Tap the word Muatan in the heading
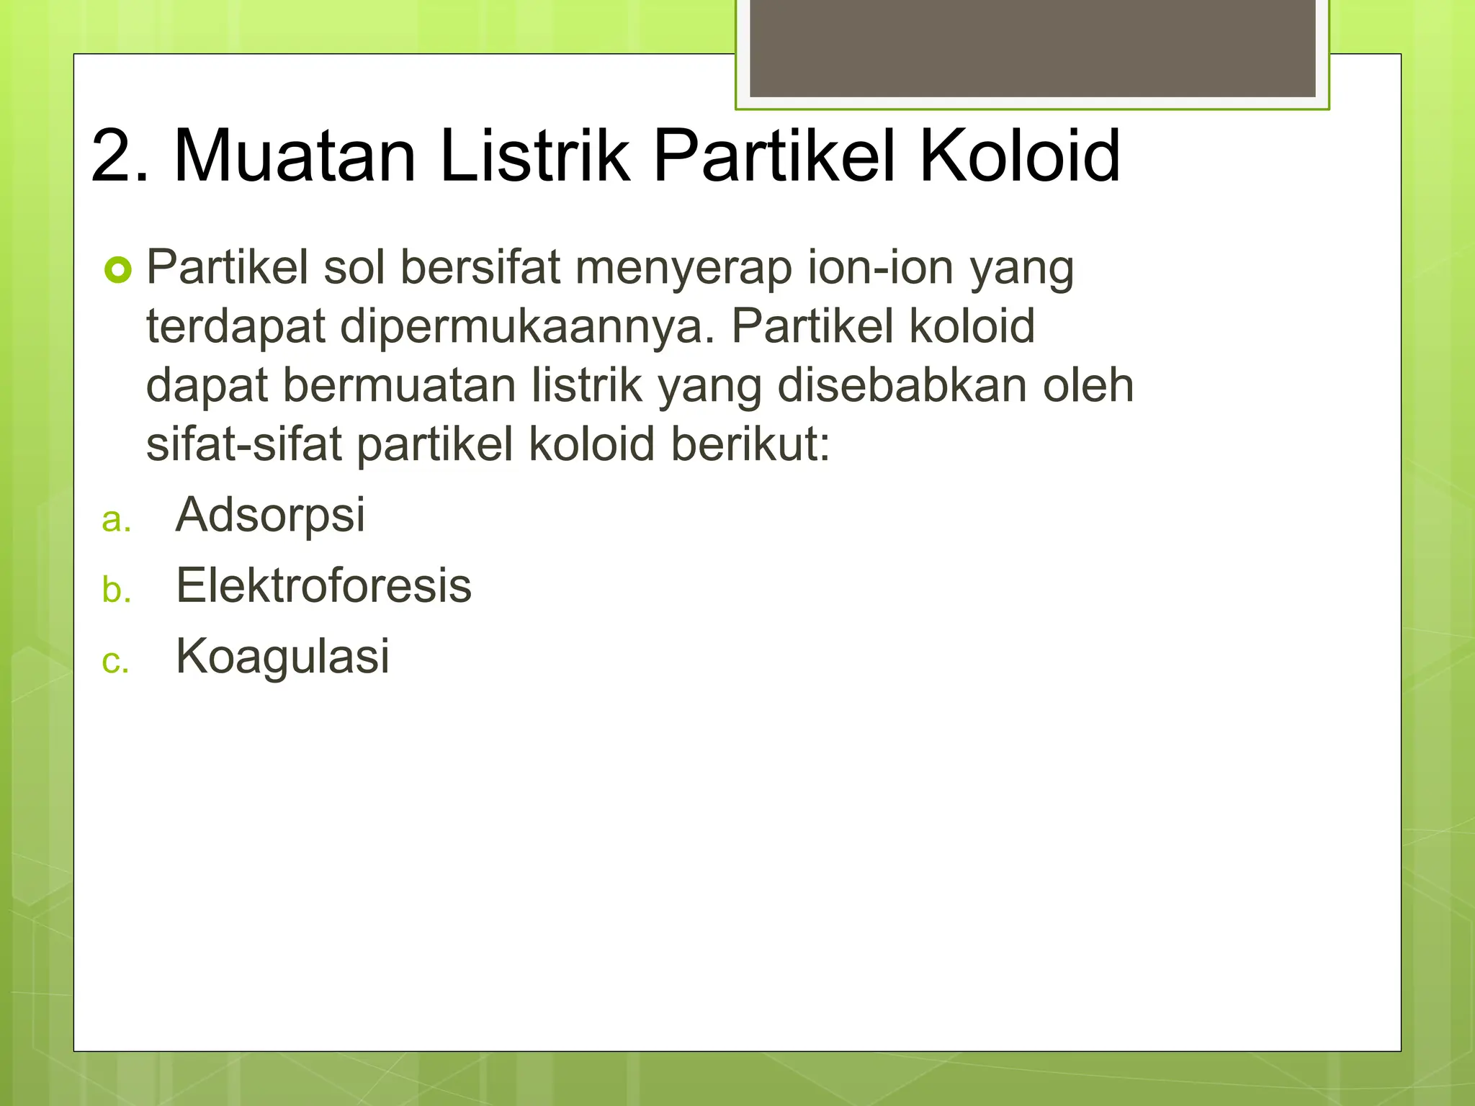pos(295,156)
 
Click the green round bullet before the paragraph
pos(118,271)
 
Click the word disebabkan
pos(903,385)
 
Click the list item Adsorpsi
pos(271,516)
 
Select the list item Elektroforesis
pos(323,585)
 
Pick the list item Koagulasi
pos(282,656)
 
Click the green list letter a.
pos(116,520)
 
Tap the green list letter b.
pos(116,590)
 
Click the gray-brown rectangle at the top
pos(1032,48)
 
